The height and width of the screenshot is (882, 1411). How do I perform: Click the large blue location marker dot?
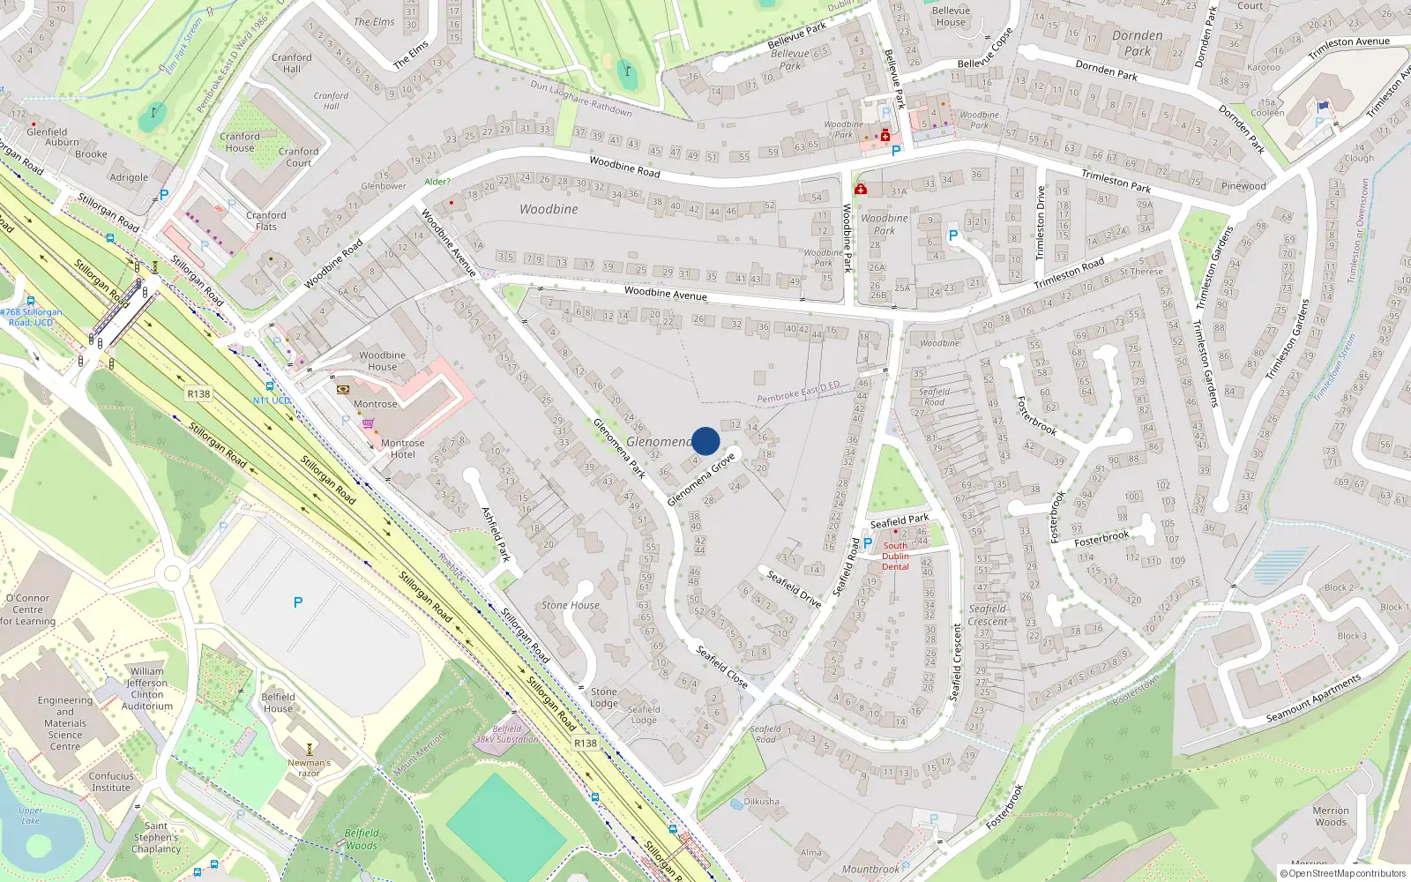[705, 441]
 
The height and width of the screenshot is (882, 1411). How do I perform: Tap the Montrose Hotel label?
[402, 449]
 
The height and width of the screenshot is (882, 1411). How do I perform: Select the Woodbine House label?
[382, 361]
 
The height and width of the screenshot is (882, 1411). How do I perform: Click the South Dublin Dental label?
[895, 556]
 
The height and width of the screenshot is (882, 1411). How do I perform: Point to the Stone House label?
[571, 605]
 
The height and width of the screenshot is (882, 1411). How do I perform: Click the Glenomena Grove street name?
[701, 480]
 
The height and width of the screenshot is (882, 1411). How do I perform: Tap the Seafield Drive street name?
[794, 588]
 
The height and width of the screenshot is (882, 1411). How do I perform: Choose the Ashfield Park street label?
[496, 534]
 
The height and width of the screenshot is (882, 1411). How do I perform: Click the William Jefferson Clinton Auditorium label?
[147, 688]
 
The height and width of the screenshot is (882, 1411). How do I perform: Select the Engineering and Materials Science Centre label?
[65, 723]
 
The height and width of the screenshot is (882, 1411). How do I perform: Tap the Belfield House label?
[278, 702]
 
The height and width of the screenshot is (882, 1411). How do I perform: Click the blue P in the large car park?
[298, 602]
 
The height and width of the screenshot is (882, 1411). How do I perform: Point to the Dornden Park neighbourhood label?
[1138, 43]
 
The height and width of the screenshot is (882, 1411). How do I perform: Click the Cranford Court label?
[299, 157]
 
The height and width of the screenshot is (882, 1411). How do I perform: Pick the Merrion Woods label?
[1331, 816]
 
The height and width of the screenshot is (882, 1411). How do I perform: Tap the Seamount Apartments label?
[1313, 699]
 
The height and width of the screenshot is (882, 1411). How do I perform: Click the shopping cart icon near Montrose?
[368, 423]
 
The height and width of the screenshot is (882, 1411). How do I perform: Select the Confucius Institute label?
[111, 781]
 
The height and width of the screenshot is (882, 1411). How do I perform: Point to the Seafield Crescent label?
[988, 615]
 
